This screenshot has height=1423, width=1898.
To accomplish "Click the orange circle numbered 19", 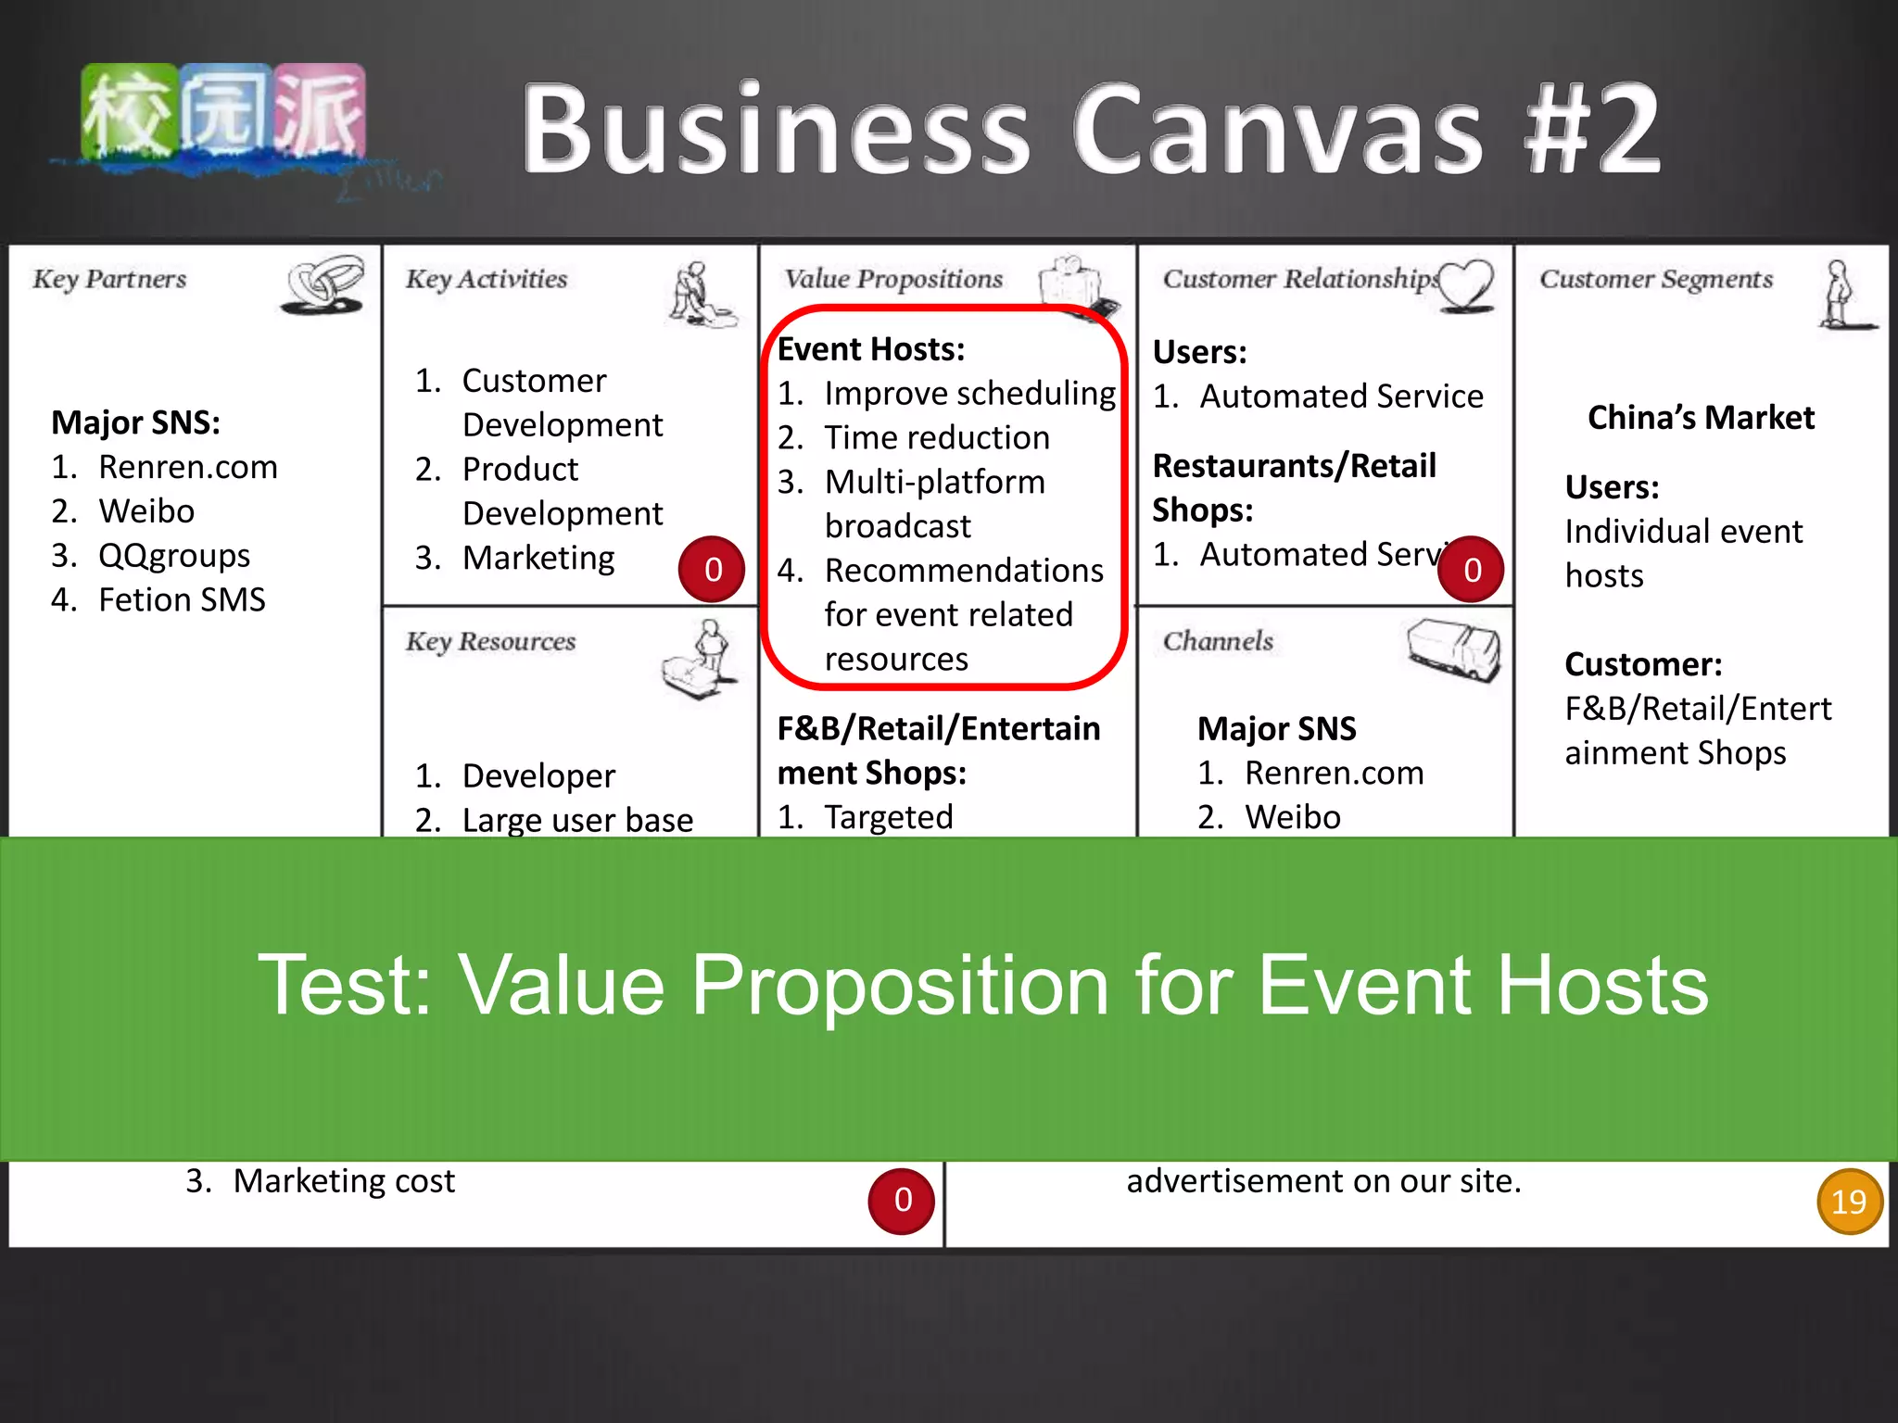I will [1849, 1202].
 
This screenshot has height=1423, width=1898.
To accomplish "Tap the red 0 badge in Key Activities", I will [712, 570].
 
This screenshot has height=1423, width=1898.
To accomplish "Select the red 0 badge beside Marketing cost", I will [902, 1201].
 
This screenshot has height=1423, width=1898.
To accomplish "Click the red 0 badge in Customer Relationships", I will [1472, 570].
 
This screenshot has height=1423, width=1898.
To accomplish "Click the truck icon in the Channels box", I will [1453, 649].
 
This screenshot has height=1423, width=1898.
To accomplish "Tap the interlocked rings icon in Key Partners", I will [323, 284].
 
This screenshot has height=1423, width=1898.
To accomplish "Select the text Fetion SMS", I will [182, 600].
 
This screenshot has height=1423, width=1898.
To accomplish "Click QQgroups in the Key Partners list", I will [174, 556].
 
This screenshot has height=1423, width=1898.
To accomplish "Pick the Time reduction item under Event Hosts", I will [937, 437].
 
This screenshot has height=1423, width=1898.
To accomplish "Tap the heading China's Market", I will [1701, 418].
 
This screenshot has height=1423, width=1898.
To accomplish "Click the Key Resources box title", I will [490, 641].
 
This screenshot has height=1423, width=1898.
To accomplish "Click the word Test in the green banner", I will [344, 985].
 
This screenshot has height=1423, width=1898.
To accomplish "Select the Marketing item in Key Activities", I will [538, 558].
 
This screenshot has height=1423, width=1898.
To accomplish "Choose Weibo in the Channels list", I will [1292, 817].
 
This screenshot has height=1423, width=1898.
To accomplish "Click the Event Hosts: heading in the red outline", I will [870, 349].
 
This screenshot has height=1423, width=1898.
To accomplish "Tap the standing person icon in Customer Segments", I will [1841, 295].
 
